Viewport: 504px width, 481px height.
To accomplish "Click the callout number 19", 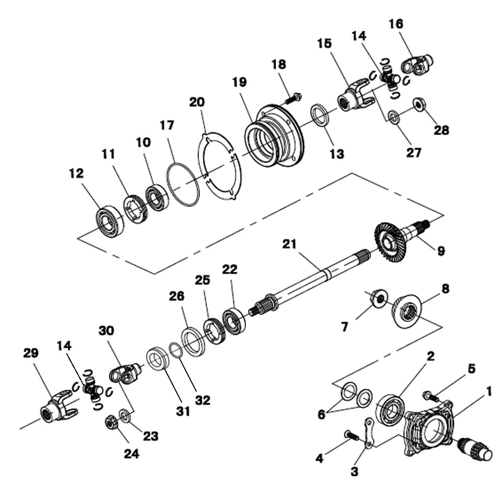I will [x=240, y=82].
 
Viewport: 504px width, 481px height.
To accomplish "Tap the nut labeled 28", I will [x=418, y=105].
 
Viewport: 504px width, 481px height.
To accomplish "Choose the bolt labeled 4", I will [x=352, y=434].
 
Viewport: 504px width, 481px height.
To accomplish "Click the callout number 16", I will [x=396, y=24].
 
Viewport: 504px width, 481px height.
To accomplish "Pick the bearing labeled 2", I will [x=391, y=407].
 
